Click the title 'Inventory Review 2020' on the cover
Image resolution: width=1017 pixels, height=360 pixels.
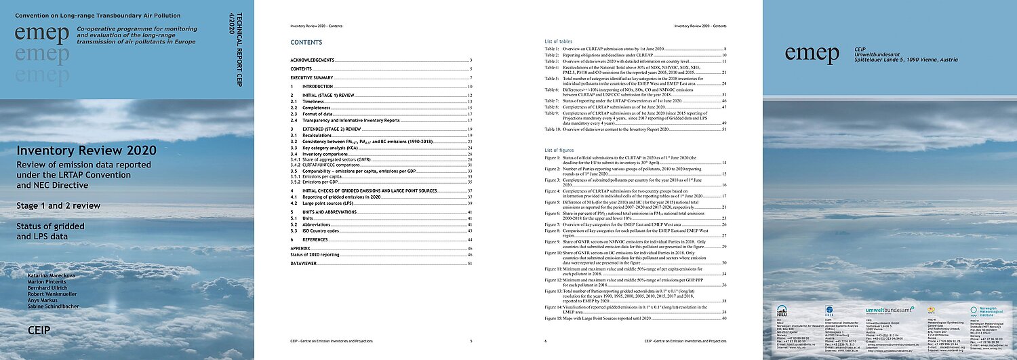pos(87,151)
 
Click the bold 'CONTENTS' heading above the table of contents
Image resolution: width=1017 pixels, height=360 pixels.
pos(302,42)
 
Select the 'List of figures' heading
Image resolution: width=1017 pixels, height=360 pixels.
pos(561,149)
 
